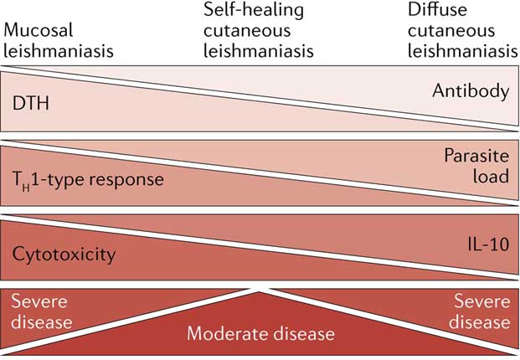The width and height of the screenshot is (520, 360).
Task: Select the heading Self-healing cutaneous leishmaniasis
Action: pyautogui.click(x=259, y=30)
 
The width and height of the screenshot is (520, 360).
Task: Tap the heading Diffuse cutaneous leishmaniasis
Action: pyautogui.click(x=459, y=30)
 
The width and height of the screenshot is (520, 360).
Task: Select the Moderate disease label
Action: pyautogui.click(x=260, y=333)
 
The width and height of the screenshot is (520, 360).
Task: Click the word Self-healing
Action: pyautogui.click(x=259, y=11)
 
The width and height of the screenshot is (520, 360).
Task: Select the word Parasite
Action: pyautogui.click(x=479, y=155)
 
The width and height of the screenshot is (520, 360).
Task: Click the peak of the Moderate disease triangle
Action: pyautogui.click(x=260, y=289)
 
